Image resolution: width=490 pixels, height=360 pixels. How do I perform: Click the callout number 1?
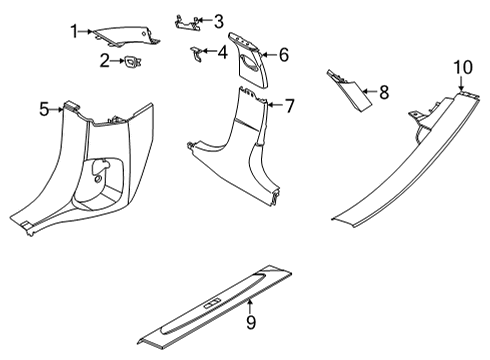click(x=74, y=32)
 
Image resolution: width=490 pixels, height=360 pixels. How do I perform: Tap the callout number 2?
click(x=105, y=61)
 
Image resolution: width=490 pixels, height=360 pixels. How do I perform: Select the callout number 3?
click(x=218, y=21)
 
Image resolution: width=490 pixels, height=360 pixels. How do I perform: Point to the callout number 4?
click(x=222, y=52)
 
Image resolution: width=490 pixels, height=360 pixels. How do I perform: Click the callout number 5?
click(x=44, y=109)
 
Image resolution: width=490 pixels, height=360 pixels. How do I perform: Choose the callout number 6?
click(x=284, y=55)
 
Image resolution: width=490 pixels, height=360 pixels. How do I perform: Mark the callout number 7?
click(x=290, y=106)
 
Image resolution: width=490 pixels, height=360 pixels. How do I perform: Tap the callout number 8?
click(x=384, y=92)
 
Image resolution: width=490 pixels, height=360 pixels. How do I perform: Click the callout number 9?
click(x=251, y=322)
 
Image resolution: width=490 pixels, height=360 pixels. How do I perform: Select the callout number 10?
click(x=463, y=67)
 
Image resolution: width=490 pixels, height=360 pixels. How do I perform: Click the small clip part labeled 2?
click(x=133, y=62)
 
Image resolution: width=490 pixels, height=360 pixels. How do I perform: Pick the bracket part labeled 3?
click(x=188, y=23)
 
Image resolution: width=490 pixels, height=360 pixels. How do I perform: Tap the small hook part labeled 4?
click(x=197, y=54)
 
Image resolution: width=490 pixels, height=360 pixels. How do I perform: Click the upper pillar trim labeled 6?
click(x=249, y=60)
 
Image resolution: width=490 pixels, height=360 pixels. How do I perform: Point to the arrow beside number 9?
click(x=250, y=307)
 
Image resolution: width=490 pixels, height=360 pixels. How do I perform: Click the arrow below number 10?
click(x=461, y=83)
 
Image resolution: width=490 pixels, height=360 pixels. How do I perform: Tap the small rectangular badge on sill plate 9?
click(x=212, y=303)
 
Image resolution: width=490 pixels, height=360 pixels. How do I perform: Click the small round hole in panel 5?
click(x=98, y=179)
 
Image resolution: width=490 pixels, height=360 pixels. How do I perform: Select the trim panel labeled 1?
click(x=127, y=36)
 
